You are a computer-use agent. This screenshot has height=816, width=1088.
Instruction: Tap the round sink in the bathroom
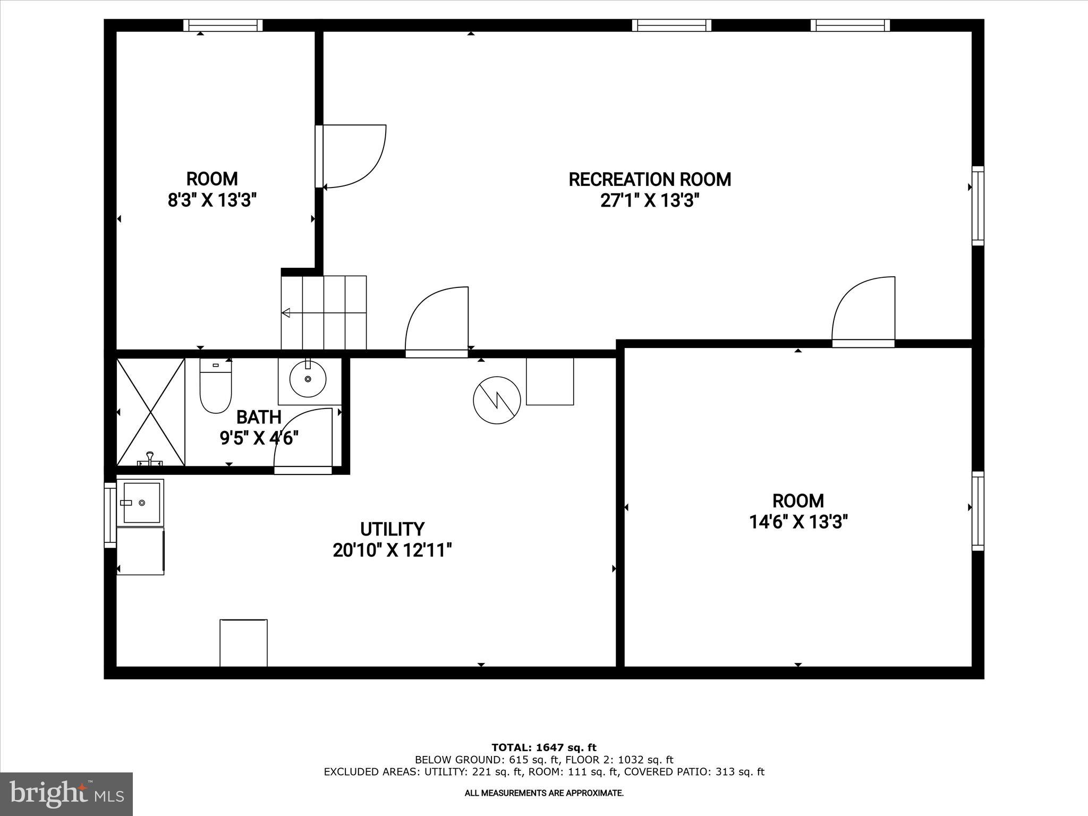tap(308, 379)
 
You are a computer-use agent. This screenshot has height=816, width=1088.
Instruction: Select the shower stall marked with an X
tap(150, 412)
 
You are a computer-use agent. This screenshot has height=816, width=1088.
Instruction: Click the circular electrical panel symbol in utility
tap(497, 400)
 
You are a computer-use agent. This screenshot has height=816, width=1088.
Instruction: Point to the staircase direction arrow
tap(286, 313)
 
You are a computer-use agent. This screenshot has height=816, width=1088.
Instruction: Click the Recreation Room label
tap(650, 180)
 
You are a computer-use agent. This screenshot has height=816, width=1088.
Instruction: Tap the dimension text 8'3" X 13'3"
tap(212, 200)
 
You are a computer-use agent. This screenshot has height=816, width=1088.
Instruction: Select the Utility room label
tap(392, 529)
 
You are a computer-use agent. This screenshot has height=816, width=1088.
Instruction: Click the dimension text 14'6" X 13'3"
tap(798, 522)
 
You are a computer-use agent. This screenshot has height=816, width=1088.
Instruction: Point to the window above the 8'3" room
tap(223, 25)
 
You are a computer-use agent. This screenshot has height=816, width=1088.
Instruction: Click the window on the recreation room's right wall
tap(977, 206)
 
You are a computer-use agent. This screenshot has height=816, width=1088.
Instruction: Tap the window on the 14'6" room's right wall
tap(977, 511)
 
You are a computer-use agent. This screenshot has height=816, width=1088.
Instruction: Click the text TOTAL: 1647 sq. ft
tap(544, 748)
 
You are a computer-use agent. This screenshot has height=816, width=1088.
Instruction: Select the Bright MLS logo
tap(66, 794)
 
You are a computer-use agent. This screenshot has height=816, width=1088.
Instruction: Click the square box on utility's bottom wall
tap(243, 642)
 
